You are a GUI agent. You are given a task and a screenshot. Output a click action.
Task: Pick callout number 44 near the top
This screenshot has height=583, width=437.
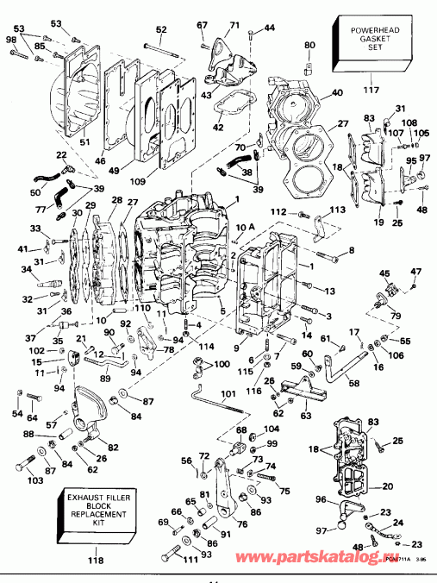point(270,28)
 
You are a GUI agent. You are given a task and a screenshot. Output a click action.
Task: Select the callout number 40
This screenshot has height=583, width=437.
point(336,92)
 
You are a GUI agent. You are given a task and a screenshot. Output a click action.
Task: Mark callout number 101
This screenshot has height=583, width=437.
point(228,397)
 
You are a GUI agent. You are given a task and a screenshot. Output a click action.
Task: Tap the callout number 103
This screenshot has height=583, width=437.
point(34,480)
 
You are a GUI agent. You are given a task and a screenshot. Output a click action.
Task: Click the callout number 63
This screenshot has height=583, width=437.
point(306,416)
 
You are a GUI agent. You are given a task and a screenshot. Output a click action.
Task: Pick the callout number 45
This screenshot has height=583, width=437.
point(385,273)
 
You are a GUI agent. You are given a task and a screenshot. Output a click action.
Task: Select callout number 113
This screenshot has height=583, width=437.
point(337,209)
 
